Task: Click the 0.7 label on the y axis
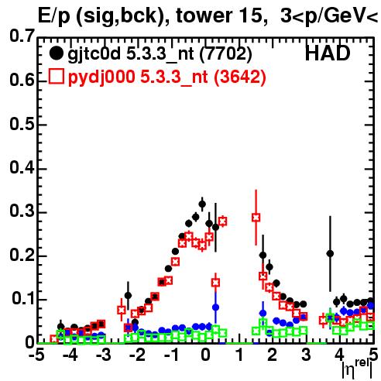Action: (22, 36)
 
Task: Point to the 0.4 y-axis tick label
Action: (22, 167)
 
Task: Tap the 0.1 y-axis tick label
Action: (23, 298)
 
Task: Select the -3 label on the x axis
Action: (104, 355)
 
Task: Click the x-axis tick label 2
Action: (272, 355)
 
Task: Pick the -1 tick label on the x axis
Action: (172, 355)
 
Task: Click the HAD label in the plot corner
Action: (328, 53)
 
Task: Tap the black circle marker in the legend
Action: (56, 53)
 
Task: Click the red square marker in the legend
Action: (56, 76)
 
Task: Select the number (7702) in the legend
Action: (225, 54)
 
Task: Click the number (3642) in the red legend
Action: (240, 77)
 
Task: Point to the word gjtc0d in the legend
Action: (94, 54)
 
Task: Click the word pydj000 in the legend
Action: (101, 77)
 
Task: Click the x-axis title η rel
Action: (358, 369)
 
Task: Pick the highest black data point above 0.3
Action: (202, 204)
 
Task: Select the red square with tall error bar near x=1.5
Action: (256, 218)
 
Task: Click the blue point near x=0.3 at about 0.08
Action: (215, 307)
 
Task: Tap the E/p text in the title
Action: (53, 16)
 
